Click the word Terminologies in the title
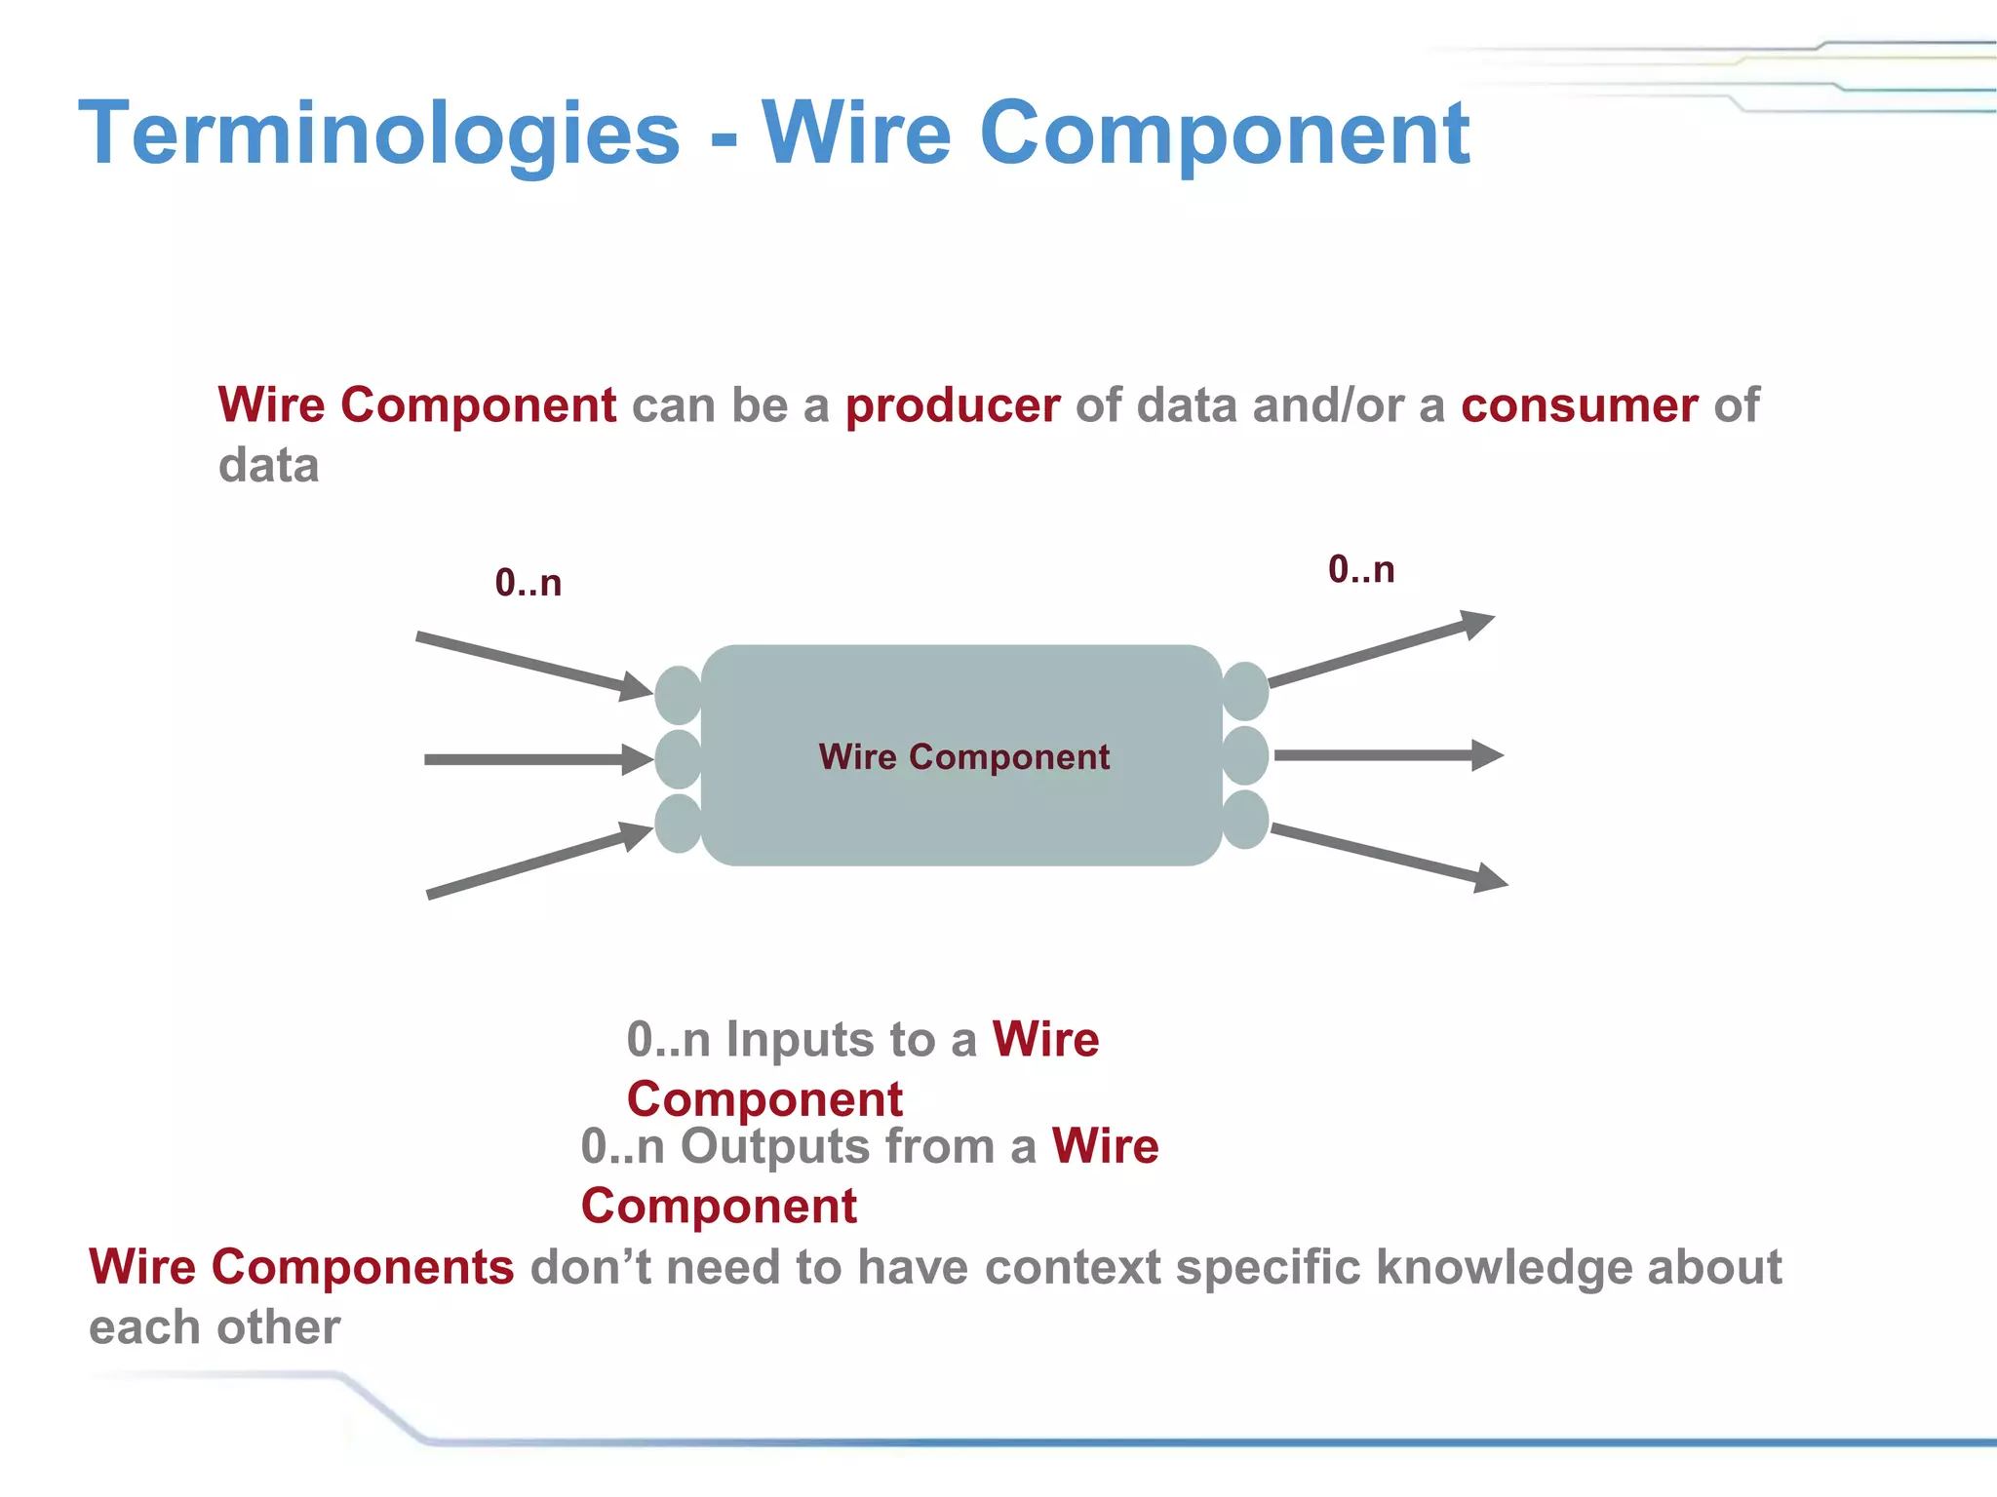(x=378, y=134)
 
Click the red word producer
(x=952, y=405)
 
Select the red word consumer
(x=1579, y=405)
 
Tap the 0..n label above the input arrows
(x=528, y=583)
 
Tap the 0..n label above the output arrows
(x=1361, y=569)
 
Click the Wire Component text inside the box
(x=963, y=757)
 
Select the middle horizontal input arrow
(x=536, y=759)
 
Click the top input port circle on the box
(x=679, y=695)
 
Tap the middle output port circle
(x=1245, y=755)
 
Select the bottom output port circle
(x=1245, y=820)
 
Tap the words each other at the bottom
(x=215, y=1327)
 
